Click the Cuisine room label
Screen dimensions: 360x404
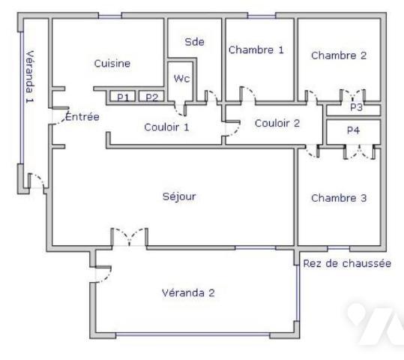112,64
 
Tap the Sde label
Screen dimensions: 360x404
194,42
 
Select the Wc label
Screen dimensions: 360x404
182,77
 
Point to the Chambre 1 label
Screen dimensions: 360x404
256,50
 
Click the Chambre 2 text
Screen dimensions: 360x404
339,55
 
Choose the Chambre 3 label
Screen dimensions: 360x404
339,199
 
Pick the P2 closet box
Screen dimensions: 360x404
151,97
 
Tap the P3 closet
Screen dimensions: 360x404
355,108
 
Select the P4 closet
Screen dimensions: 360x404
353,130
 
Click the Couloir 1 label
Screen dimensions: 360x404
166,127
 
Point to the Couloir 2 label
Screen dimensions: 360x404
277,123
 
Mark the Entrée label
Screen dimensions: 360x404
82,117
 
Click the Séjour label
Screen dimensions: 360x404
178,196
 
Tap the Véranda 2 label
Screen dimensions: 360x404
188,292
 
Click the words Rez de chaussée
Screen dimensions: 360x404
347,263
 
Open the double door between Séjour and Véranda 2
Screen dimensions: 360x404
129,238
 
